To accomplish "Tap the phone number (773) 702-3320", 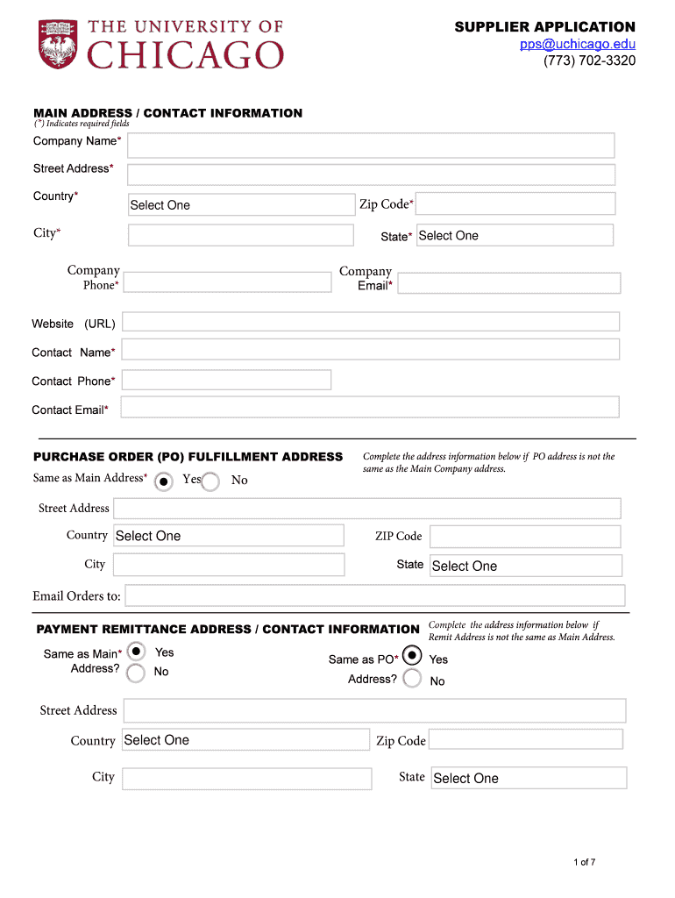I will (x=590, y=61).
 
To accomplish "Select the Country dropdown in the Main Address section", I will (x=241, y=204).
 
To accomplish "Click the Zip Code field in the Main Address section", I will (x=515, y=203).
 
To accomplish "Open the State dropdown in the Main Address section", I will (x=515, y=235).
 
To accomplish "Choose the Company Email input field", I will (x=508, y=283).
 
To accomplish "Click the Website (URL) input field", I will (x=370, y=322).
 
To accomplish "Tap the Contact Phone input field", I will (x=226, y=380).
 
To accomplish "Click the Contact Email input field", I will (x=369, y=407).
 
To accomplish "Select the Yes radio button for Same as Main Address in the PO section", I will (x=163, y=481).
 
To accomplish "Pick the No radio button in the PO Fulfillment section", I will (x=210, y=481).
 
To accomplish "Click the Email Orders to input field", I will (x=374, y=595).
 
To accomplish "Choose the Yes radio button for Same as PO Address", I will (x=412, y=656).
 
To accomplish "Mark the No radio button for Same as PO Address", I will (x=412, y=679).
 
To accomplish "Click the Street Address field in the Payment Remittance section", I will (x=374, y=710).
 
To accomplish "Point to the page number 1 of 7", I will (x=584, y=862).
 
